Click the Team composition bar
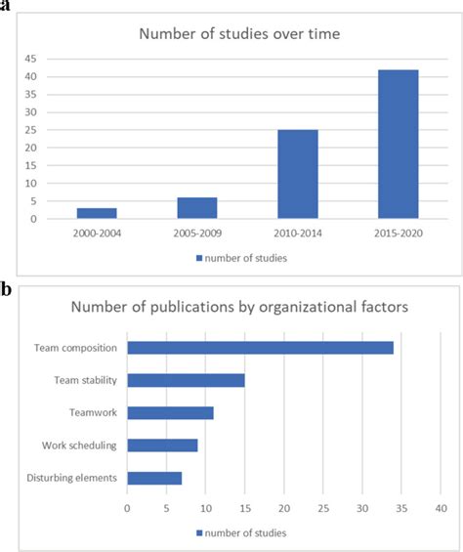point(260,347)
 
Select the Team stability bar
point(186,380)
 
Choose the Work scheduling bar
point(162,446)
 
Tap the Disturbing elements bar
point(154,478)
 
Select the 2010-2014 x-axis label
point(298,234)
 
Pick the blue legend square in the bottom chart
point(200,532)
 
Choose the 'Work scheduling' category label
point(80,446)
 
